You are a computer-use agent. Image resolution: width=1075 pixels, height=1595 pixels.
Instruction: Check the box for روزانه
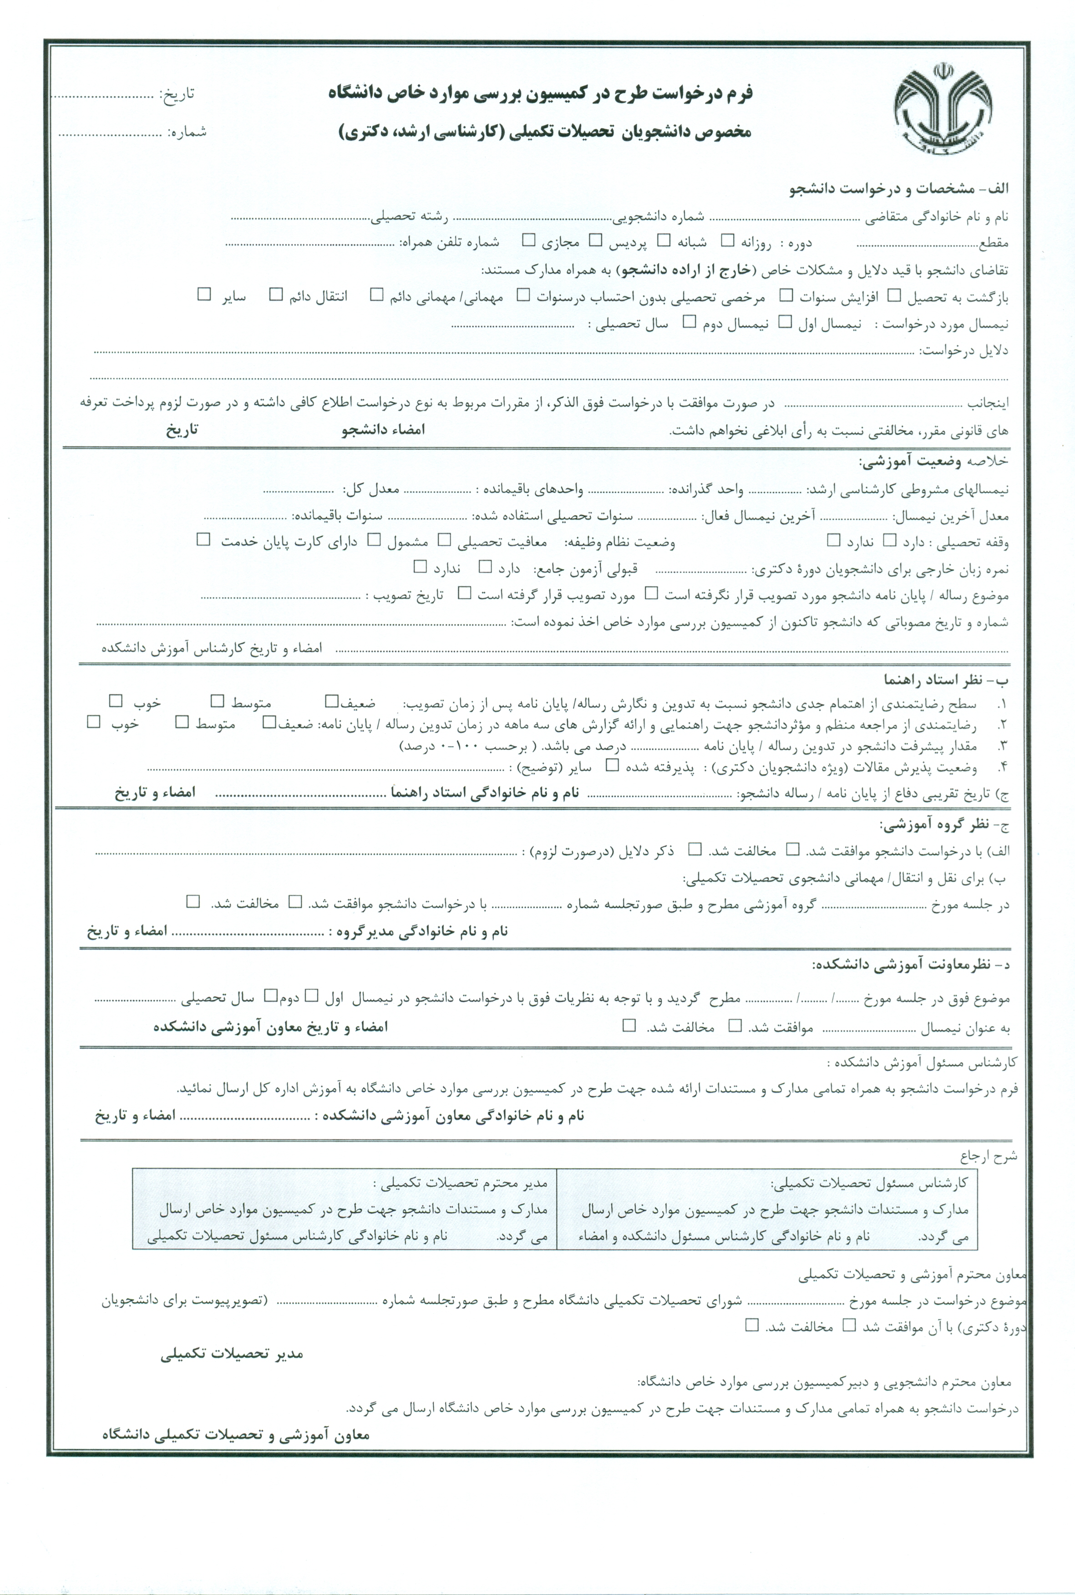tap(727, 241)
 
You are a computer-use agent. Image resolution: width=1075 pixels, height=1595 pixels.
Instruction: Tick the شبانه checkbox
tap(663, 241)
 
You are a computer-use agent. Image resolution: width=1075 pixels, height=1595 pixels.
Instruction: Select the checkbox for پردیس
tap(596, 241)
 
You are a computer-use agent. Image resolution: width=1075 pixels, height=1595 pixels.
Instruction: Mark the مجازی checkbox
tap(528, 241)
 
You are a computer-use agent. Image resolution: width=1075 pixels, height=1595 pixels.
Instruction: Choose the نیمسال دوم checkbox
tap(689, 322)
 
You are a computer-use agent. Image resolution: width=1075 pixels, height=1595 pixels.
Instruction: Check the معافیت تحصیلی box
tap(444, 540)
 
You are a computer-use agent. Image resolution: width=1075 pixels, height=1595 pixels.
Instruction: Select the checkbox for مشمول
tap(374, 540)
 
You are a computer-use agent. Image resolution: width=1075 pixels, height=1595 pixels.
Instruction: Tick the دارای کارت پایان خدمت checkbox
tap(203, 540)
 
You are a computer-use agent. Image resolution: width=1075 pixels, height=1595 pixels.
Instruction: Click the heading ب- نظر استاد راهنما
tap(946, 680)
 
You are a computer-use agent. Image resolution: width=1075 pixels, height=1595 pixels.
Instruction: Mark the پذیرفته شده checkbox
tap(612, 765)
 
